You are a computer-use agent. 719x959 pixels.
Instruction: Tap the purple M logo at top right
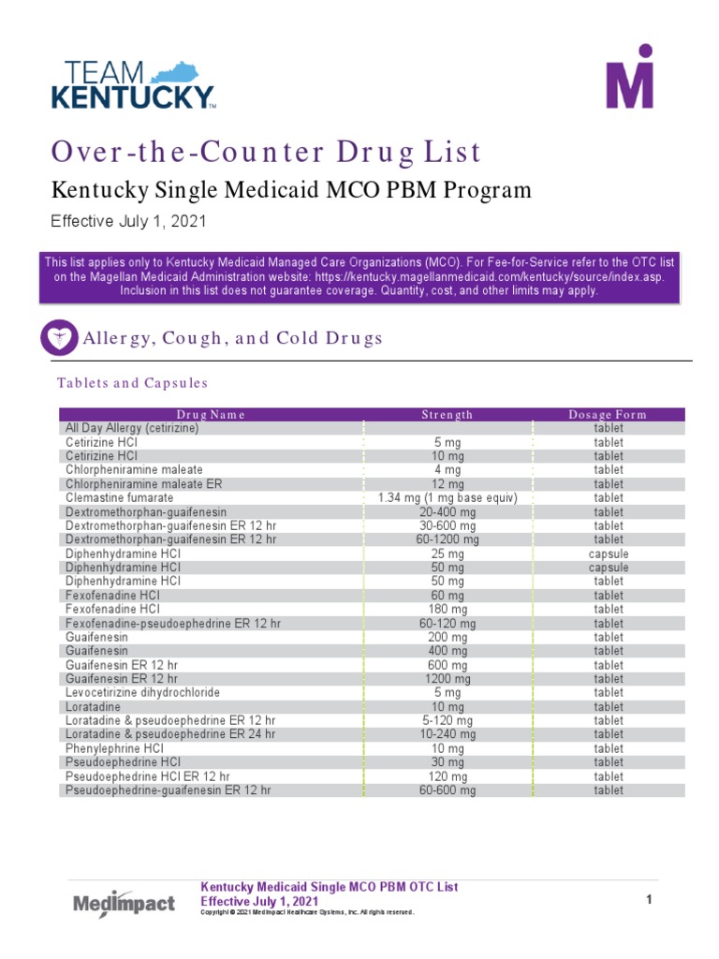pyautogui.click(x=628, y=76)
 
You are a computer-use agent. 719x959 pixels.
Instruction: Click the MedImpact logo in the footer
pyautogui.click(x=124, y=903)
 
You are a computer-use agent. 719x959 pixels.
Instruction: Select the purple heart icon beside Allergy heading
pyautogui.click(x=60, y=337)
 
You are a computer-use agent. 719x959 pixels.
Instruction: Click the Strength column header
pyautogui.click(x=447, y=414)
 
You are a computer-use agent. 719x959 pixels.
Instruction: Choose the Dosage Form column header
pyautogui.click(x=608, y=414)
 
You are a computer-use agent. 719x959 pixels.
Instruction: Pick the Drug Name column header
pyautogui.click(x=211, y=414)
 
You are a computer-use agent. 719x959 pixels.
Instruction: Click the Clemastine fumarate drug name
pyautogui.click(x=119, y=497)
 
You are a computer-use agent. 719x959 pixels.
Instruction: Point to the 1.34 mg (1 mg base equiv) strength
pyautogui.click(x=447, y=497)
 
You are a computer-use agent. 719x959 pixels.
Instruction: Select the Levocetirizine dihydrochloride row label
pyautogui.click(x=142, y=693)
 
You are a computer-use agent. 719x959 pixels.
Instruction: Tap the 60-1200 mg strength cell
pyautogui.click(x=447, y=539)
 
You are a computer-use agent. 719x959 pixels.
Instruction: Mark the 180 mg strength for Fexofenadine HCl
pyautogui.click(x=447, y=609)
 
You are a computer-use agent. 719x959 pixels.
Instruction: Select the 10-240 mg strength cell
pyautogui.click(x=447, y=734)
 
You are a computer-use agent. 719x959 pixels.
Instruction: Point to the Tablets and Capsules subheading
pyautogui.click(x=132, y=383)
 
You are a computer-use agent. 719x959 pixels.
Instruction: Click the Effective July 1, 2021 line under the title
pyautogui.click(x=127, y=222)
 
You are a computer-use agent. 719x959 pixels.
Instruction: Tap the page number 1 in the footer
pyautogui.click(x=648, y=900)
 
